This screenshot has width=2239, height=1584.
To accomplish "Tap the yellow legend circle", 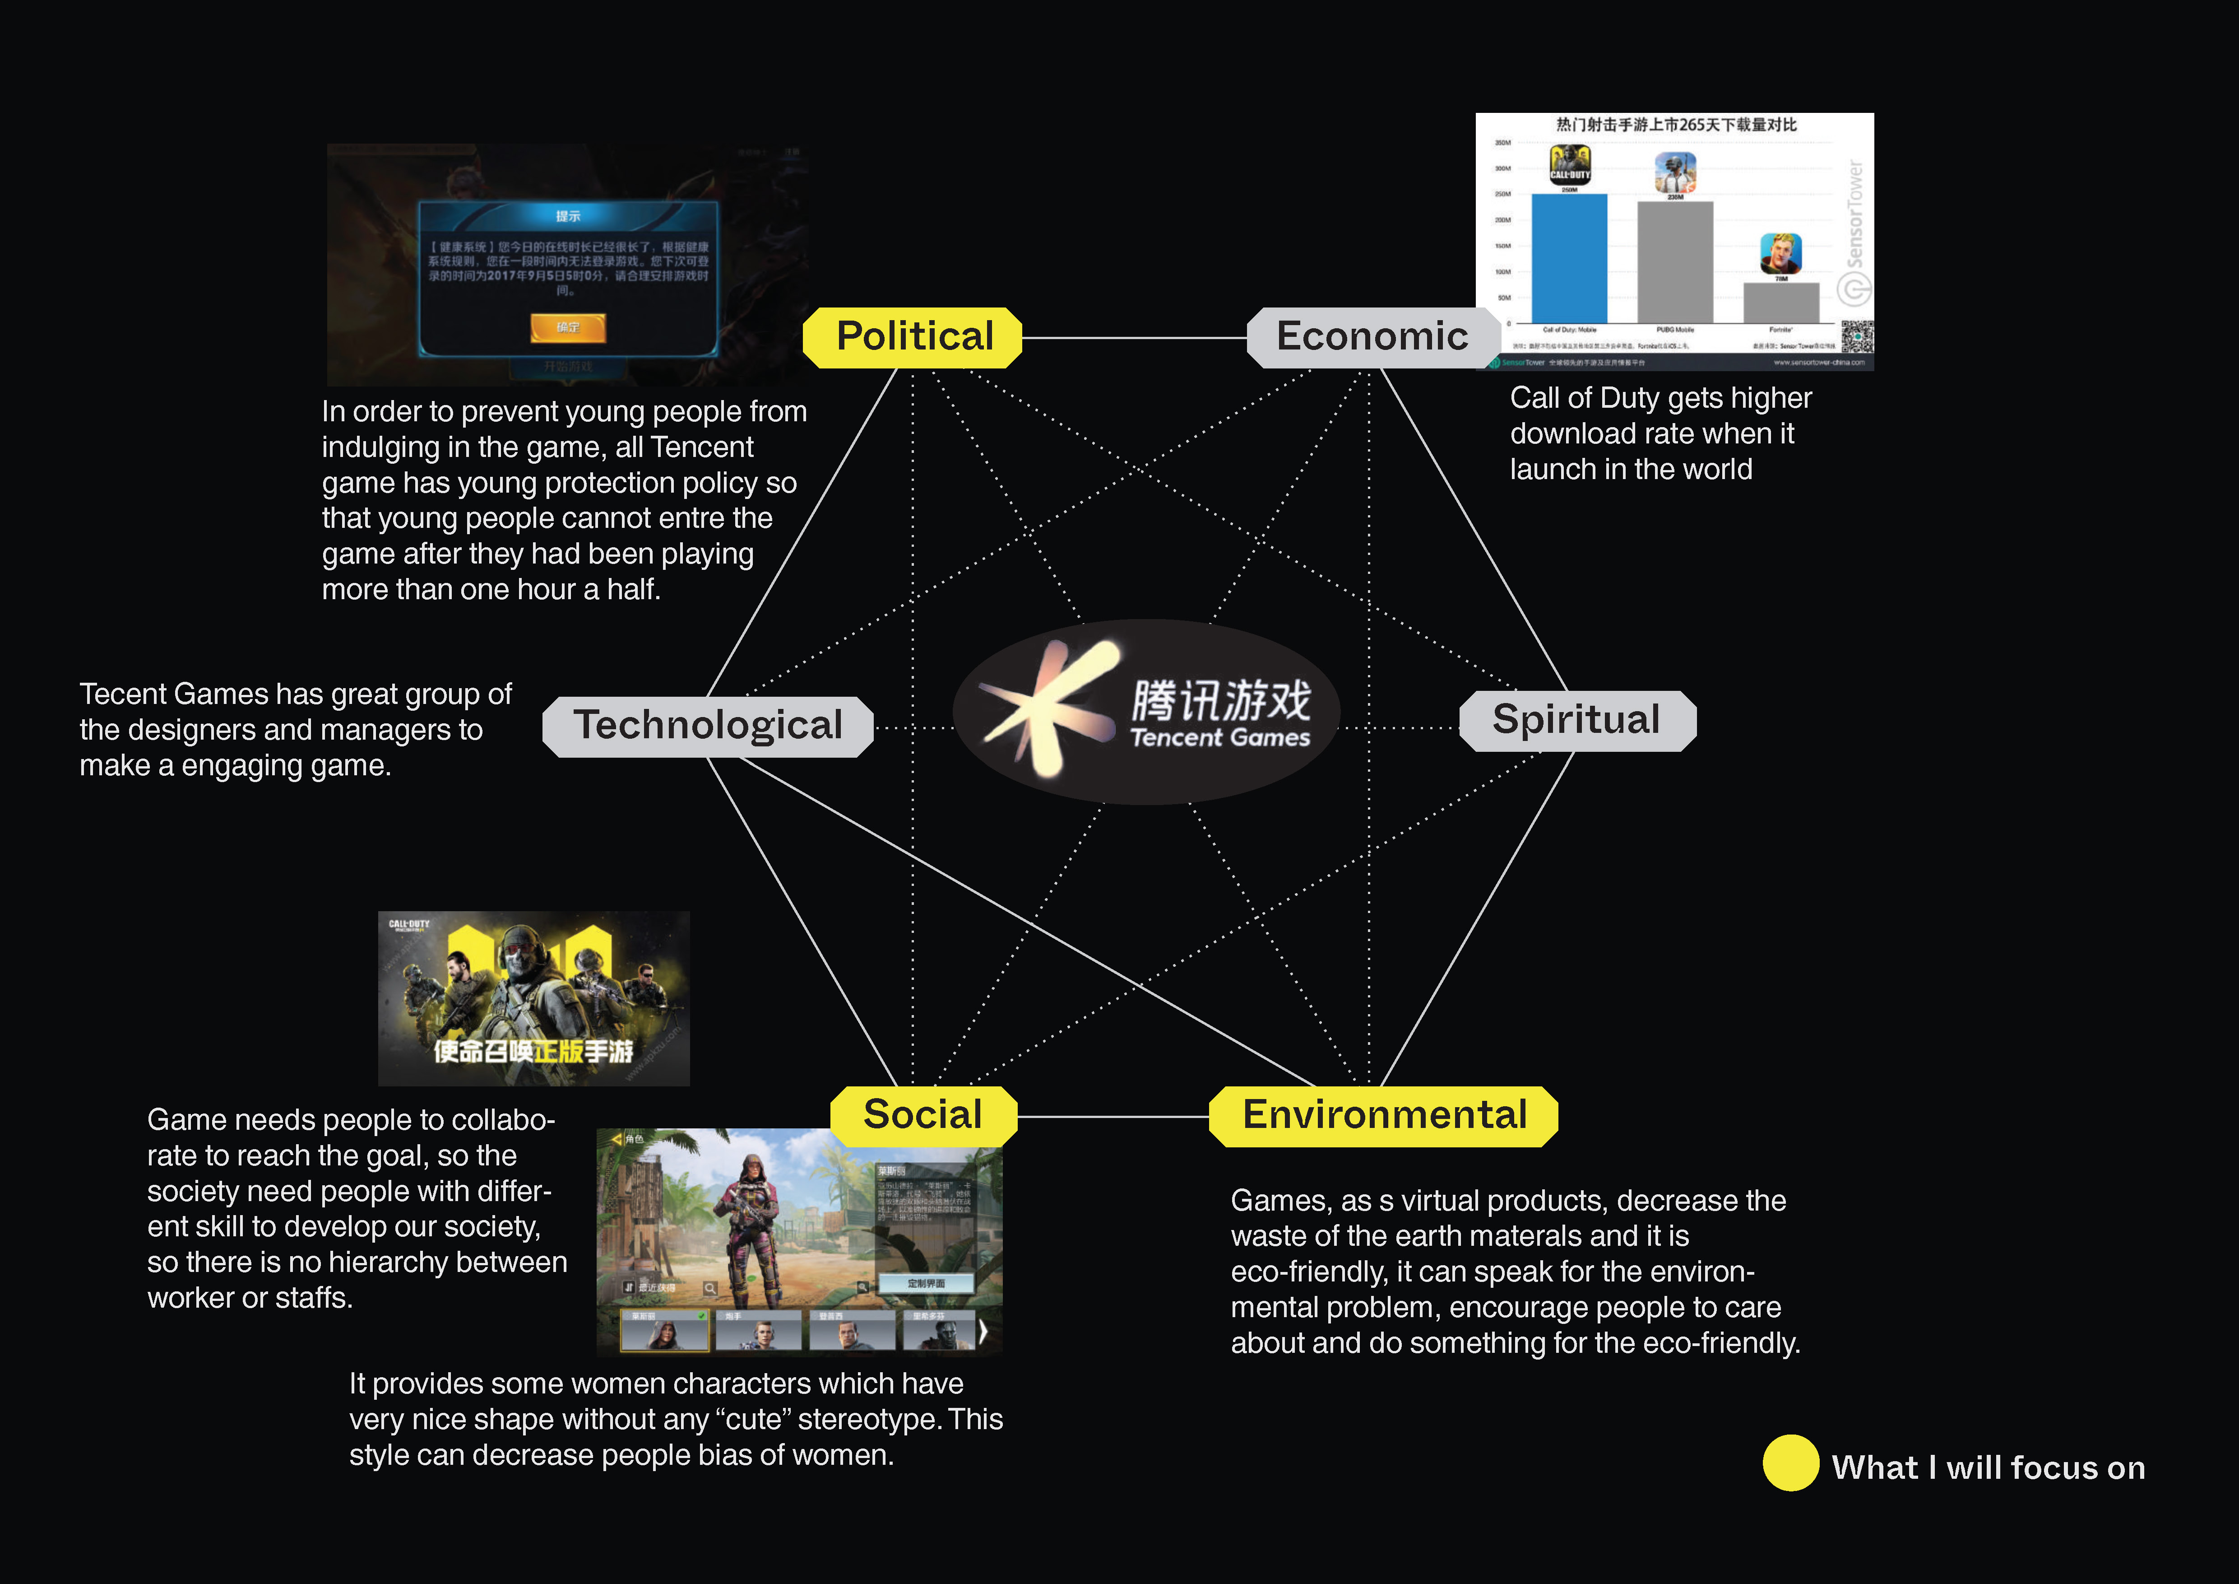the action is pos(1790,1463).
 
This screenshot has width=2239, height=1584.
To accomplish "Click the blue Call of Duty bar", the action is pos(1569,258).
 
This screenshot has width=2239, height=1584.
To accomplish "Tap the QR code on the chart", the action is pos(1857,336).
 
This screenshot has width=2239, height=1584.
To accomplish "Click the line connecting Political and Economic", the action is pos(1134,339).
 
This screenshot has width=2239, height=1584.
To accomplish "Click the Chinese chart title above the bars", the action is pos(1675,125).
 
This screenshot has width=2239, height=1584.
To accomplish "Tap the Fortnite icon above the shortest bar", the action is pos(1780,254).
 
